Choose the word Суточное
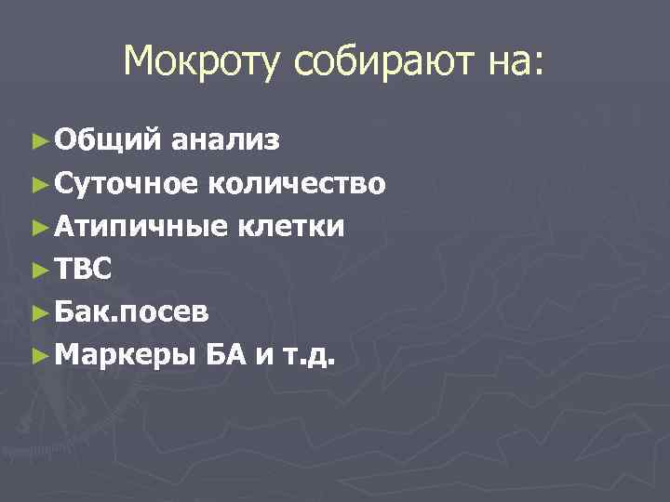point(126,183)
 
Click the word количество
point(296,183)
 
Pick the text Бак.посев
point(131,312)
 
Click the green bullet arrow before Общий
point(38,140)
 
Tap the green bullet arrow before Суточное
point(38,183)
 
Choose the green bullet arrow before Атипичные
point(38,226)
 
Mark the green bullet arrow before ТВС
point(38,270)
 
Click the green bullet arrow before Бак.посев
point(38,312)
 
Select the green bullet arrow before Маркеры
point(38,355)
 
